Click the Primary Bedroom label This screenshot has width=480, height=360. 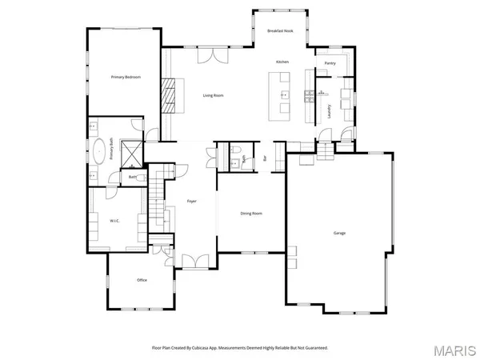pos(126,77)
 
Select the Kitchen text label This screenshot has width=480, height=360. pos(282,62)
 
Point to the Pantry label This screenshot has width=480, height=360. pos(330,62)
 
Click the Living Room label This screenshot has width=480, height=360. pos(213,95)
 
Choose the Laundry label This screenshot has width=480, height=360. pos(330,112)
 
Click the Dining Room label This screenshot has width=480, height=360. pos(251,213)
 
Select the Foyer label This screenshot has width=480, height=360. pos(192,201)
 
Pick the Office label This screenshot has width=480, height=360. pos(142,280)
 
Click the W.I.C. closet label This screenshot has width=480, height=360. pos(114,220)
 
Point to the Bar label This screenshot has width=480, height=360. pos(265,158)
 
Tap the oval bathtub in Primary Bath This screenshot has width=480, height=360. pos(99,151)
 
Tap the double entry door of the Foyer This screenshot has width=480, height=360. pos(192,260)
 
